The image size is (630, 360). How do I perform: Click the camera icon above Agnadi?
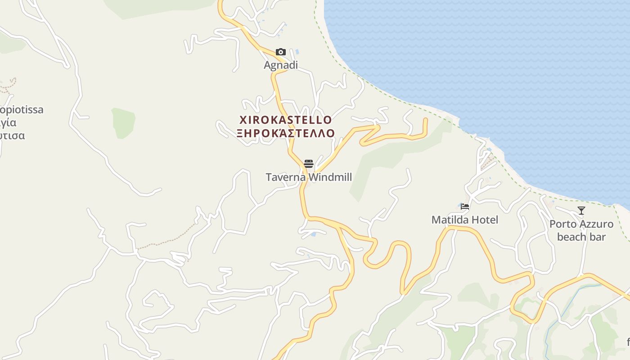[281, 52]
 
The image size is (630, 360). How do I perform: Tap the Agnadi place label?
[281, 65]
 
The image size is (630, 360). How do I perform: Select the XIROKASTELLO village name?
[286, 120]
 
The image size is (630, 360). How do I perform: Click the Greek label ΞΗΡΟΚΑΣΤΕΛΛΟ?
[286, 133]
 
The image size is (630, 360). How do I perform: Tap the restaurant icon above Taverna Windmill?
[308, 163]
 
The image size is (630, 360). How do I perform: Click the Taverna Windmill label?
[309, 177]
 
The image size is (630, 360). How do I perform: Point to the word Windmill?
[330, 177]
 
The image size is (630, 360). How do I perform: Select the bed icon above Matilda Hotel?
[465, 207]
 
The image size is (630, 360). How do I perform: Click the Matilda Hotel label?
[465, 220]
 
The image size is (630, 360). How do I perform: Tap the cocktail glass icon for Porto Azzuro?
[581, 210]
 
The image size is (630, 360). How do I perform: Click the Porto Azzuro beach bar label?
[581, 230]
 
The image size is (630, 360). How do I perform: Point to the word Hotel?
[484, 220]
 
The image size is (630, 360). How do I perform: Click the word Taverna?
[286, 177]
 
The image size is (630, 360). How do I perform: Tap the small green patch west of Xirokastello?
[123, 122]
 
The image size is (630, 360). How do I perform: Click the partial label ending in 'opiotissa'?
[22, 110]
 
